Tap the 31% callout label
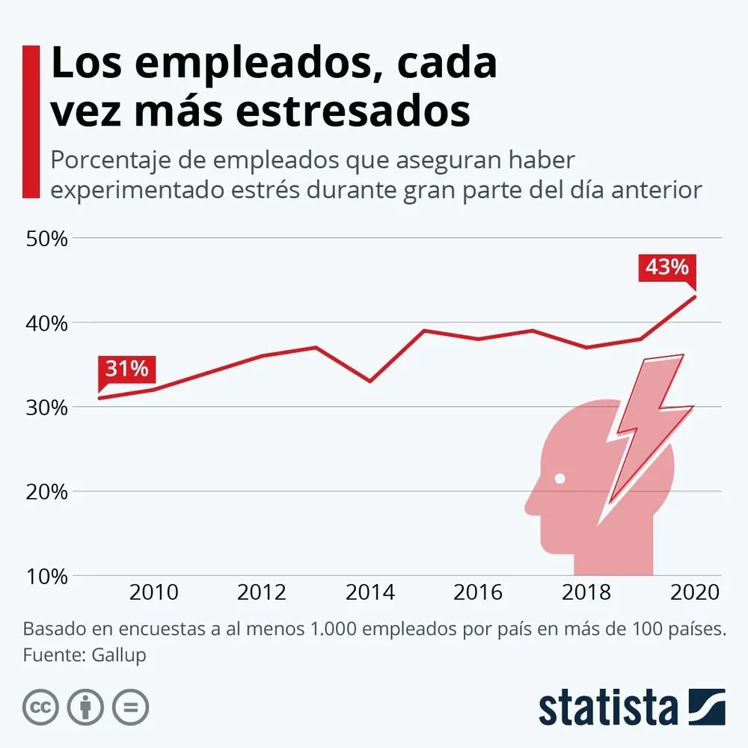point(126,369)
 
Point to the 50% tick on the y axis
point(48,239)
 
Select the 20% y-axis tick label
point(48,492)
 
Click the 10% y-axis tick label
point(48,577)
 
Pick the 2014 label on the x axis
point(370,593)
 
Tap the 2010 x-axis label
point(153,593)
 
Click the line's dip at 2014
point(370,381)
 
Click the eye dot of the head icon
point(560,477)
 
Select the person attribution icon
point(85,706)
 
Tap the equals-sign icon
point(130,706)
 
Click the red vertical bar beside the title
point(31,121)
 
